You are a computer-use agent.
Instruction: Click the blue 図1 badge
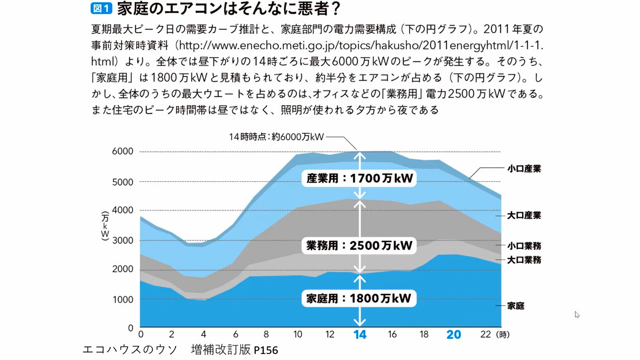tap(101, 9)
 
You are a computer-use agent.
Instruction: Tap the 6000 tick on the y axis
tap(123, 151)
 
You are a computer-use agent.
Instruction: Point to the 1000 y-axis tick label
tap(123, 300)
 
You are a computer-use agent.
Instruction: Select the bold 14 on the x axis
tap(360, 335)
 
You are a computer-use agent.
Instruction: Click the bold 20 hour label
tap(453, 335)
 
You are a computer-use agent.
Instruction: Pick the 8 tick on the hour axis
tap(266, 334)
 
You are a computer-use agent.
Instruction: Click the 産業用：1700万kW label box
tap(359, 178)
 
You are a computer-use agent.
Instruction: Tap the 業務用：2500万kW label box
tap(359, 245)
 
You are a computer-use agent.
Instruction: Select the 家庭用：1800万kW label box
tap(359, 298)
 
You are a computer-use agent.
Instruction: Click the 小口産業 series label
tap(524, 169)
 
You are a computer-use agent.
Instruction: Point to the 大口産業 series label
tap(524, 215)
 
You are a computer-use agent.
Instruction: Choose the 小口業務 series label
tap(524, 246)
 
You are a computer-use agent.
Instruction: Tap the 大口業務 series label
tap(524, 260)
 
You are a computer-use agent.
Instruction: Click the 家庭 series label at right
tap(516, 306)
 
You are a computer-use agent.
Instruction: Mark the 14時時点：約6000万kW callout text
tap(276, 137)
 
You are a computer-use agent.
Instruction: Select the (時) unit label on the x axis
tap(502, 334)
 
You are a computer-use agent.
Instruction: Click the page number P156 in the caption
tap(266, 350)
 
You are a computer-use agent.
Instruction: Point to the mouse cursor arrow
tap(577, 314)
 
